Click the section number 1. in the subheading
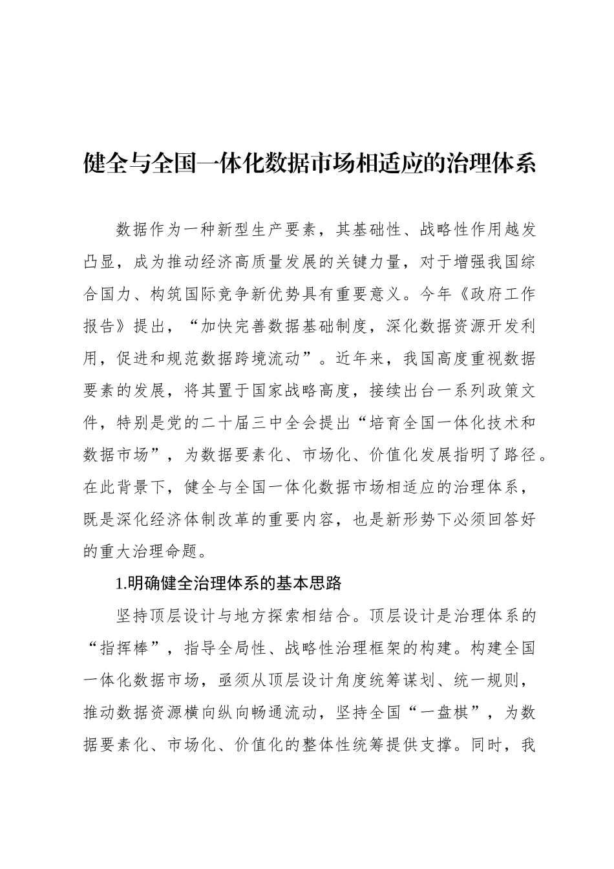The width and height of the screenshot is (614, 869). pyautogui.click(x=121, y=584)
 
